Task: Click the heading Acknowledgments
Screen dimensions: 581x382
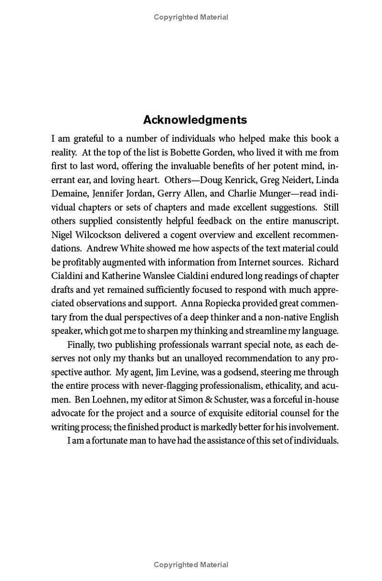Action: (195, 120)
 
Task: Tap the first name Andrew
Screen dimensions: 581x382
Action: (101, 249)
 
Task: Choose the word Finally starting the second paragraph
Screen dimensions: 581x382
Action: (82, 344)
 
